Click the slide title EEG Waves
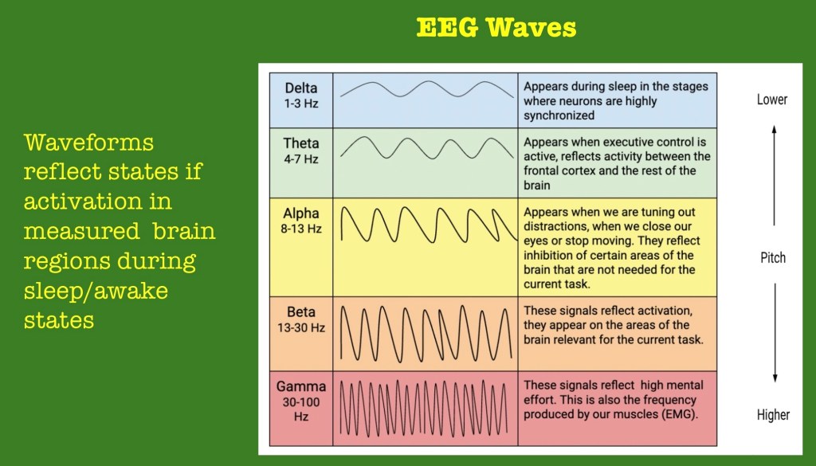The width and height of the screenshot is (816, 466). (x=496, y=27)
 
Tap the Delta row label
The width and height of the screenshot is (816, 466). (x=300, y=88)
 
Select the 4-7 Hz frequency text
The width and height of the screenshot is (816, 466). (x=300, y=159)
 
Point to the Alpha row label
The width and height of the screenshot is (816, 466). (x=300, y=213)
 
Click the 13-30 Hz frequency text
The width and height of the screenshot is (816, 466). (x=300, y=327)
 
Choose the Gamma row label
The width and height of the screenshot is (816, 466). (x=300, y=386)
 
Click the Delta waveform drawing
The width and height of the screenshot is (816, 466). (x=427, y=89)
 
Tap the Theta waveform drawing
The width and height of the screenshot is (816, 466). (x=427, y=148)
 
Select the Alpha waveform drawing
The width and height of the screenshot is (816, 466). (x=429, y=225)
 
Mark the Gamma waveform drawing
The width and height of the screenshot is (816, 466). (x=424, y=408)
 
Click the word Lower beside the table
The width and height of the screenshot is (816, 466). (x=772, y=100)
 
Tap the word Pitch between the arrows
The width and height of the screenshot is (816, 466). (x=773, y=257)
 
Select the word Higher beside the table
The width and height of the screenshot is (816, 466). (x=773, y=414)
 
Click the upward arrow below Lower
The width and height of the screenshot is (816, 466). (x=774, y=175)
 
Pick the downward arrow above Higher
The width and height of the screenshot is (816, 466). (x=775, y=333)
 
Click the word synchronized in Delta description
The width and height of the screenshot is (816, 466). (x=559, y=116)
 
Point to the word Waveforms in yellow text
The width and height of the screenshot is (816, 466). (x=88, y=143)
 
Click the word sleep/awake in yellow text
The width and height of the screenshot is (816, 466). (x=96, y=292)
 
